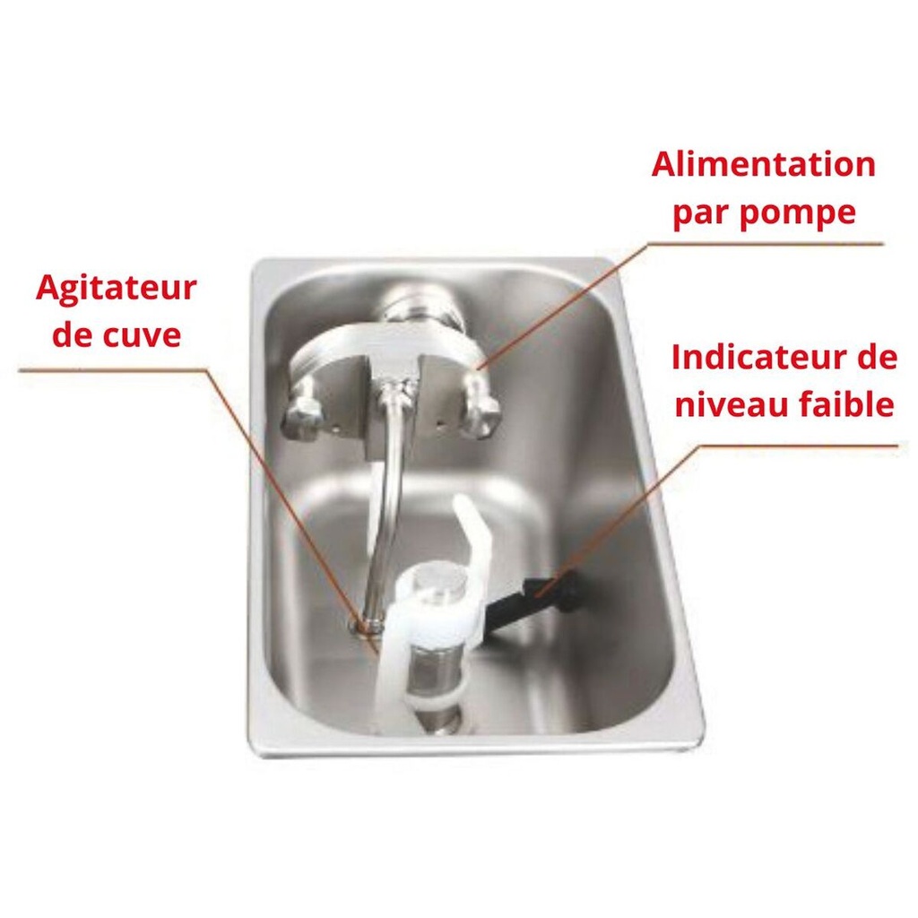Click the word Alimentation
pyautogui.click(x=763, y=166)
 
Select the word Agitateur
pyautogui.click(x=116, y=289)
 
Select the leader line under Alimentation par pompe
pyautogui.click(x=771, y=243)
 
